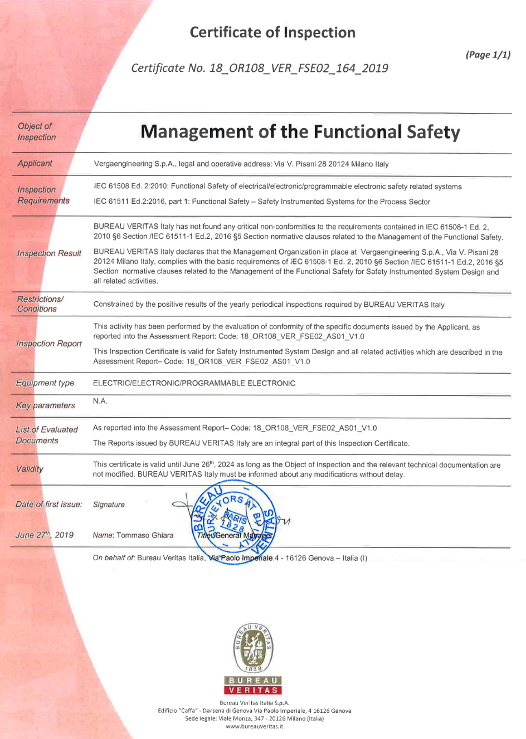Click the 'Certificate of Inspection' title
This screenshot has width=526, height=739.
coord(272,32)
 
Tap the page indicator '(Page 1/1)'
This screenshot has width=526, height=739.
coord(488,55)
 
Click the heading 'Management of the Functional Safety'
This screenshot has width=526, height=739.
coord(300,132)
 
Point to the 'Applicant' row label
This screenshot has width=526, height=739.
coord(35,163)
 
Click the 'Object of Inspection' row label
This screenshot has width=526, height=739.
coord(36,131)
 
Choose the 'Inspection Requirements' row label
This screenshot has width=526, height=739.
coord(43,195)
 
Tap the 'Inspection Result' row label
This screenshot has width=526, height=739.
coord(49,253)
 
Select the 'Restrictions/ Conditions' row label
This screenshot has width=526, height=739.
coord(40,304)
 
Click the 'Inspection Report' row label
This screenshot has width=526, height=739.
coord(49,344)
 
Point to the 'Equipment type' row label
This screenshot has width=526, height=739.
coord(45,383)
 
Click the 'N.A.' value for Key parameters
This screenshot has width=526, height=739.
coord(100,401)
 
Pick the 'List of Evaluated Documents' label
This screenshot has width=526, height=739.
coord(46,435)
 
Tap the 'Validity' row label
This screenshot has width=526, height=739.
coord(30,469)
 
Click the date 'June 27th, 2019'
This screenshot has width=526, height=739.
coord(45,535)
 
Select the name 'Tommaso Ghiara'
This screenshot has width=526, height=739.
coord(145,535)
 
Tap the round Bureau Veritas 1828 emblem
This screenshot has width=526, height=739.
coord(253,648)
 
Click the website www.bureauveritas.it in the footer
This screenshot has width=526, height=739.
coord(254,726)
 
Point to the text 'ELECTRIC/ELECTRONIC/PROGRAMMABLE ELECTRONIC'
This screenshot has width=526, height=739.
coord(194,383)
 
